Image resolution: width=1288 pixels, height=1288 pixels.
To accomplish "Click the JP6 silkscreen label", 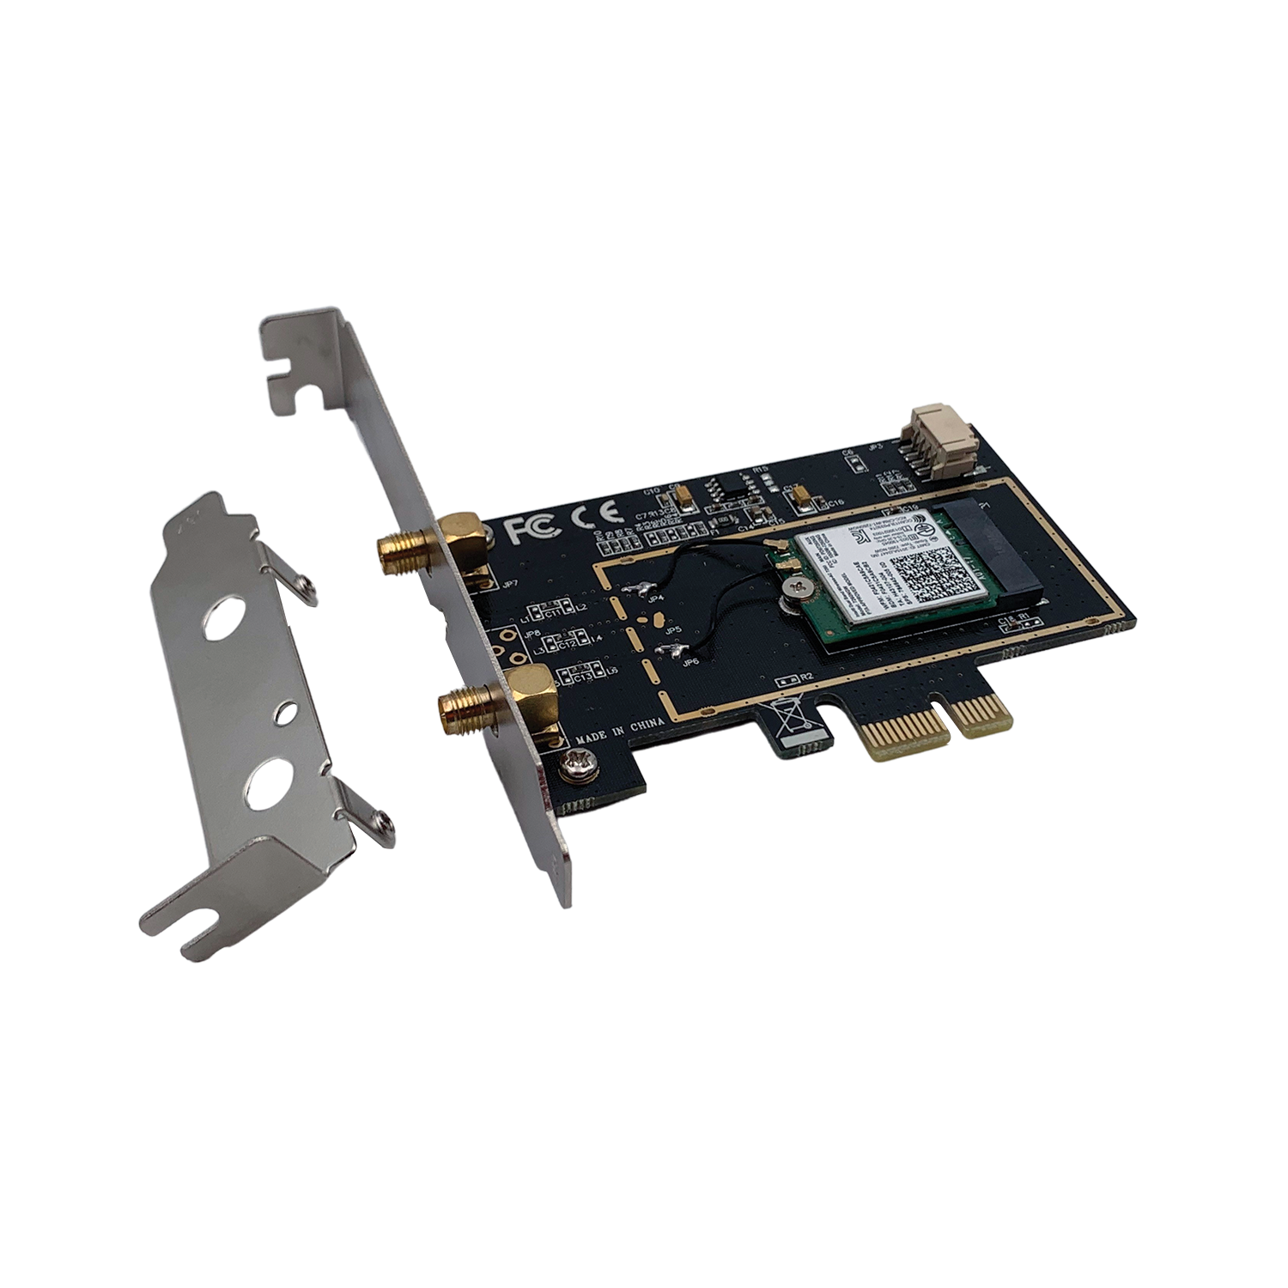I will [x=689, y=662].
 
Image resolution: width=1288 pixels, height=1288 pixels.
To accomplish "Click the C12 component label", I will [x=566, y=642].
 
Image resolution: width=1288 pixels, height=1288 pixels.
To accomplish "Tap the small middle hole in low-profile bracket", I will [x=284, y=710].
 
